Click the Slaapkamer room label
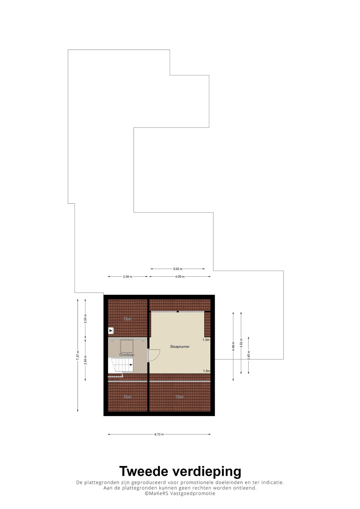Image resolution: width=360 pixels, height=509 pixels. (x=180, y=347)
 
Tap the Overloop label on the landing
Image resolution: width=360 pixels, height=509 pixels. (x=127, y=355)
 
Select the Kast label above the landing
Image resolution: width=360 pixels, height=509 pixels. (x=128, y=319)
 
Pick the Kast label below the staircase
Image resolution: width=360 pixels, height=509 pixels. (x=128, y=397)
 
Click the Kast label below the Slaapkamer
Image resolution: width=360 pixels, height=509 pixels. (x=180, y=397)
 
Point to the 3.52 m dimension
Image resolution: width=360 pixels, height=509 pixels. (x=177, y=269)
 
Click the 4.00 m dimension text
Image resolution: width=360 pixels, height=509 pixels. (x=180, y=277)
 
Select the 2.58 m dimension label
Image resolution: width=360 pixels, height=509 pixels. (x=127, y=277)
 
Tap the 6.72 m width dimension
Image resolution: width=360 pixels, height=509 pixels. (x=159, y=434)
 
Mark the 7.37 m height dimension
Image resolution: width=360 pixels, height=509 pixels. (x=78, y=355)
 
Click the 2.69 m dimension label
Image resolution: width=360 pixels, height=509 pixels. (x=85, y=360)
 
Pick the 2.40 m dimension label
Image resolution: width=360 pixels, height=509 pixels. (x=249, y=355)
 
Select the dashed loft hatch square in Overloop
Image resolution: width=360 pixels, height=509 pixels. (x=127, y=346)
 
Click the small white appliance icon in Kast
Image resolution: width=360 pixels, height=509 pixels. (x=111, y=331)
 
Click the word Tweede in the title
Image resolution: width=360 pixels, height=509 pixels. (x=144, y=471)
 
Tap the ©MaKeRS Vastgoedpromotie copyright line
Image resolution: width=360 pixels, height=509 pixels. (x=180, y=493)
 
